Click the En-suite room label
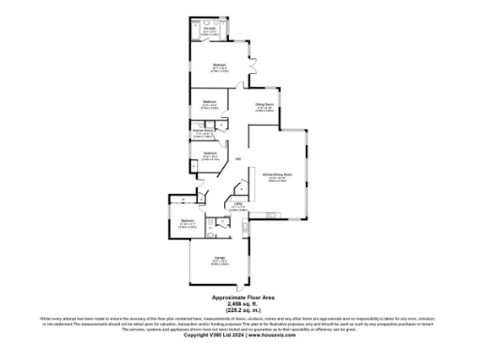[x=211, y=27]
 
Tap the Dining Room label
[x=265, y=104]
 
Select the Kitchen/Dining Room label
[x=272, y=174]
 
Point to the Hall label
[x=238, y=158]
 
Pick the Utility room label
[x=238, y=204]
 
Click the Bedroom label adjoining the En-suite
[x=218, y=65]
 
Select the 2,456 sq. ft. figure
[x=240, y=303]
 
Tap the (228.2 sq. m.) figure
[x=240, y=309]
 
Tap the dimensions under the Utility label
[x=238, y=209]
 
